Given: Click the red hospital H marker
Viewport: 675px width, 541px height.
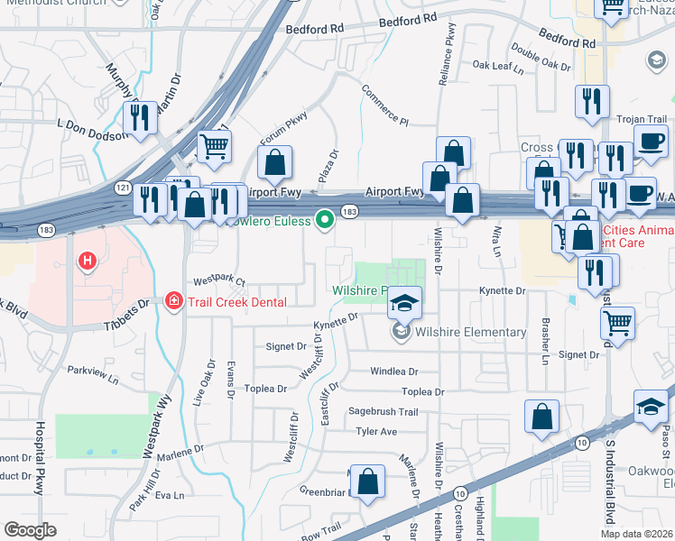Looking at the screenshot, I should pyautogui.click(x=88, y=262).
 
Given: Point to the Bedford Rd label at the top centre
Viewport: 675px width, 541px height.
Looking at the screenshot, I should pyautogui.click(x=314, y=29).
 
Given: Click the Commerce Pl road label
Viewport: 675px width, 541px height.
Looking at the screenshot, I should pyautogui.click(x=385, y=105).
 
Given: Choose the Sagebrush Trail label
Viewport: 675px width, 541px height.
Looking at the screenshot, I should pyautogui.click(x=384, y=411).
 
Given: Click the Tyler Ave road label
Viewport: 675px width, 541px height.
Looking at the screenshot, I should pyautogui.click(x=376, y=432).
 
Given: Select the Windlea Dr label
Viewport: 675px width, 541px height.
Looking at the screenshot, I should pyautogui.click(x=394, y=371).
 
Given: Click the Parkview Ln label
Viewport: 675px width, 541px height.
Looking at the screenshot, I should pyautogui.click(x=93, y=371).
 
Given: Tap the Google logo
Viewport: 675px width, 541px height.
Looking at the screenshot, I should pyautogui.click(x=30, y=530).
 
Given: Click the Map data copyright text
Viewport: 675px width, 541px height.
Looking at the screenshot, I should pyautogui.click(x=636, y=534).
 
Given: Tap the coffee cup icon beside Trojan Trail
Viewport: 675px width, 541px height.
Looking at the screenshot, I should pyautogui.click(x=651, y=141).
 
